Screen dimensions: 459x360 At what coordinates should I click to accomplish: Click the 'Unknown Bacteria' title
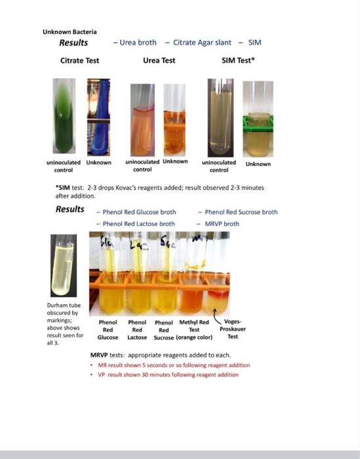[70, 31]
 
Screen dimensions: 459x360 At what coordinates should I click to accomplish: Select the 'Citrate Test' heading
[79, 60]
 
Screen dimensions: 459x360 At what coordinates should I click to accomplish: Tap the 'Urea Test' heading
[159, 60]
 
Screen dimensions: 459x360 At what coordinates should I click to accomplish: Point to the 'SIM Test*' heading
[238, 60]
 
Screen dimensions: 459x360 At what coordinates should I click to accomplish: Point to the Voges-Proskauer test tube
[216, 289]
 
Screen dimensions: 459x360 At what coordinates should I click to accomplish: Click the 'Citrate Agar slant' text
[202, 43]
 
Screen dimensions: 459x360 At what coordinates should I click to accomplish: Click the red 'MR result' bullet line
[174, 365]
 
